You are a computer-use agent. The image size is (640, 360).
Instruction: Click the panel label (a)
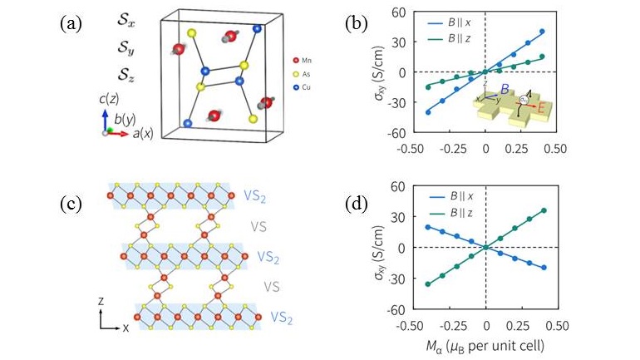click(70, 23)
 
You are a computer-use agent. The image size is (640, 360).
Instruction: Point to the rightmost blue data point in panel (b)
click(542, 32)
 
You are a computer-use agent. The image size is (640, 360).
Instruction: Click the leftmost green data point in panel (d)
click(429, 284)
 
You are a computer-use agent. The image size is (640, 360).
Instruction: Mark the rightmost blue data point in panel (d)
click(542, 268)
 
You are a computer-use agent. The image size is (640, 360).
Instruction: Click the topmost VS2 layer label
click(256, 195)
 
